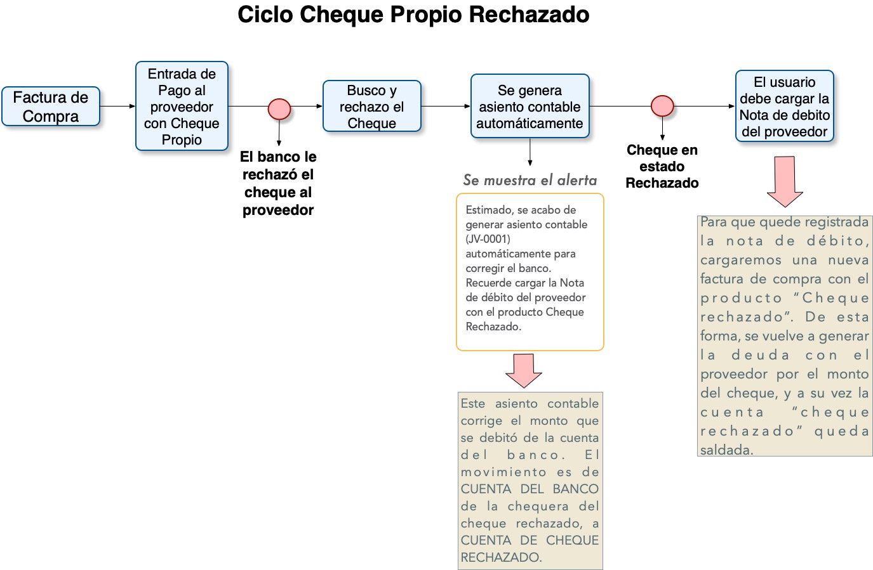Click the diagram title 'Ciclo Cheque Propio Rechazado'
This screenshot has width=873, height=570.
tap(413, 15)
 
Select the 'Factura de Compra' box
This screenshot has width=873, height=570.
tap(51, 107)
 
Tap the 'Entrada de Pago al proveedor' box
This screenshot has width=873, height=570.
tap(182, 107)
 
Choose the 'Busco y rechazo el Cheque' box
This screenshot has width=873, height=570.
tap(372, 107)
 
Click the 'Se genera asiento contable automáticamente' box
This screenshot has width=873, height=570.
tap(530, 107)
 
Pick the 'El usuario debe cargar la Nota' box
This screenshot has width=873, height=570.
tap(784, 107)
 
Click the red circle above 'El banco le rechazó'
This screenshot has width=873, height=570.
tap(279, 109)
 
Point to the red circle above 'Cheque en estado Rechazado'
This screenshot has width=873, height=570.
tap(662, 106)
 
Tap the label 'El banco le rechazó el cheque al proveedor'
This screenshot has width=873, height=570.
tap(278, 183)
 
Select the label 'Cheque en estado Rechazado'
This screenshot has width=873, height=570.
tap(662, 167)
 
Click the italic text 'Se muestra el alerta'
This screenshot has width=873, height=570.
tap(530, 180)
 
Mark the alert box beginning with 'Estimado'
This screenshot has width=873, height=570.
tap(530, 272)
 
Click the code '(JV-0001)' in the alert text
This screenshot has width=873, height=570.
tap(488, 239)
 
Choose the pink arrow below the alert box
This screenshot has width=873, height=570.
tap(524, 370)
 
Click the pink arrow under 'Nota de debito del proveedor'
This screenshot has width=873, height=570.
tap(785, 181)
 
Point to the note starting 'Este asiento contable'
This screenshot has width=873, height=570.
tap(530, 481)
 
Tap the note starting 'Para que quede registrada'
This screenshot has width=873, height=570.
tap(784, 336)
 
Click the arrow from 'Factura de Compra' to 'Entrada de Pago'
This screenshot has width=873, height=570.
tap(118, 107)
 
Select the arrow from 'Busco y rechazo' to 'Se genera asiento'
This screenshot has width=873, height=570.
tap(446, 107)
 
